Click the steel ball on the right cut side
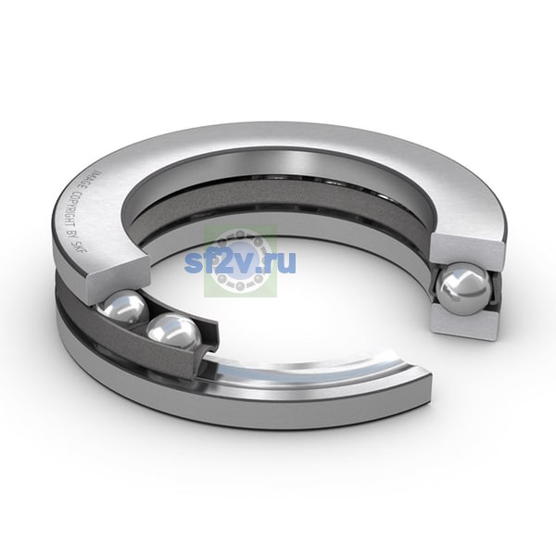coord(463,288)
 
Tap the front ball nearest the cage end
coord(174,333)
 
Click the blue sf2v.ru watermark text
coord(240,262)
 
